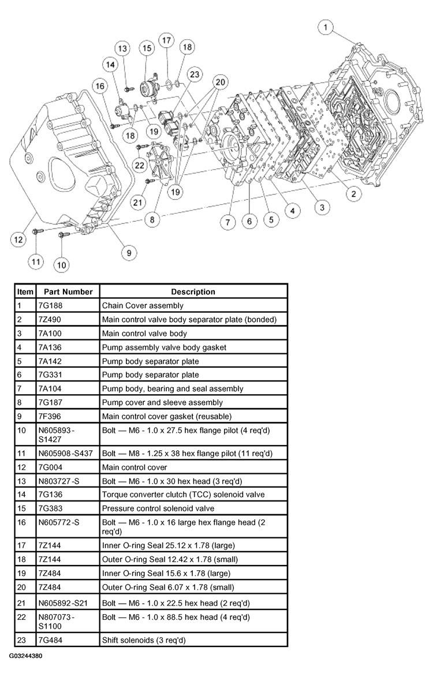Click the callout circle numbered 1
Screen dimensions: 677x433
(x=327, y=27)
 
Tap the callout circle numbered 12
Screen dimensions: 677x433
(x=19, y=238)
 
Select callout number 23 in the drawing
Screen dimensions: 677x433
(x=195, y=74)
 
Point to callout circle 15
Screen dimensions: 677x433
(x=145, y=48)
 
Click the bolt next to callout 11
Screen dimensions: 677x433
(x=36, y=232)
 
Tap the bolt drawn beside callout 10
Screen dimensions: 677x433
(x=63, y=234)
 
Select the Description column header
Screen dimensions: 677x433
(x=193, y=291)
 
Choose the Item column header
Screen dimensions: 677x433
(x=25, y=291)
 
